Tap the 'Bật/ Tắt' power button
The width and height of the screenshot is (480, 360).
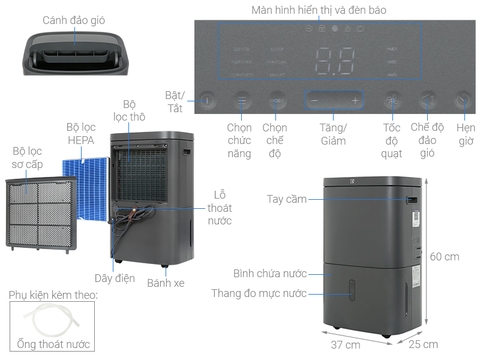coord(207,101)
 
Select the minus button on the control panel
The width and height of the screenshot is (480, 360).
coord(314,101)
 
